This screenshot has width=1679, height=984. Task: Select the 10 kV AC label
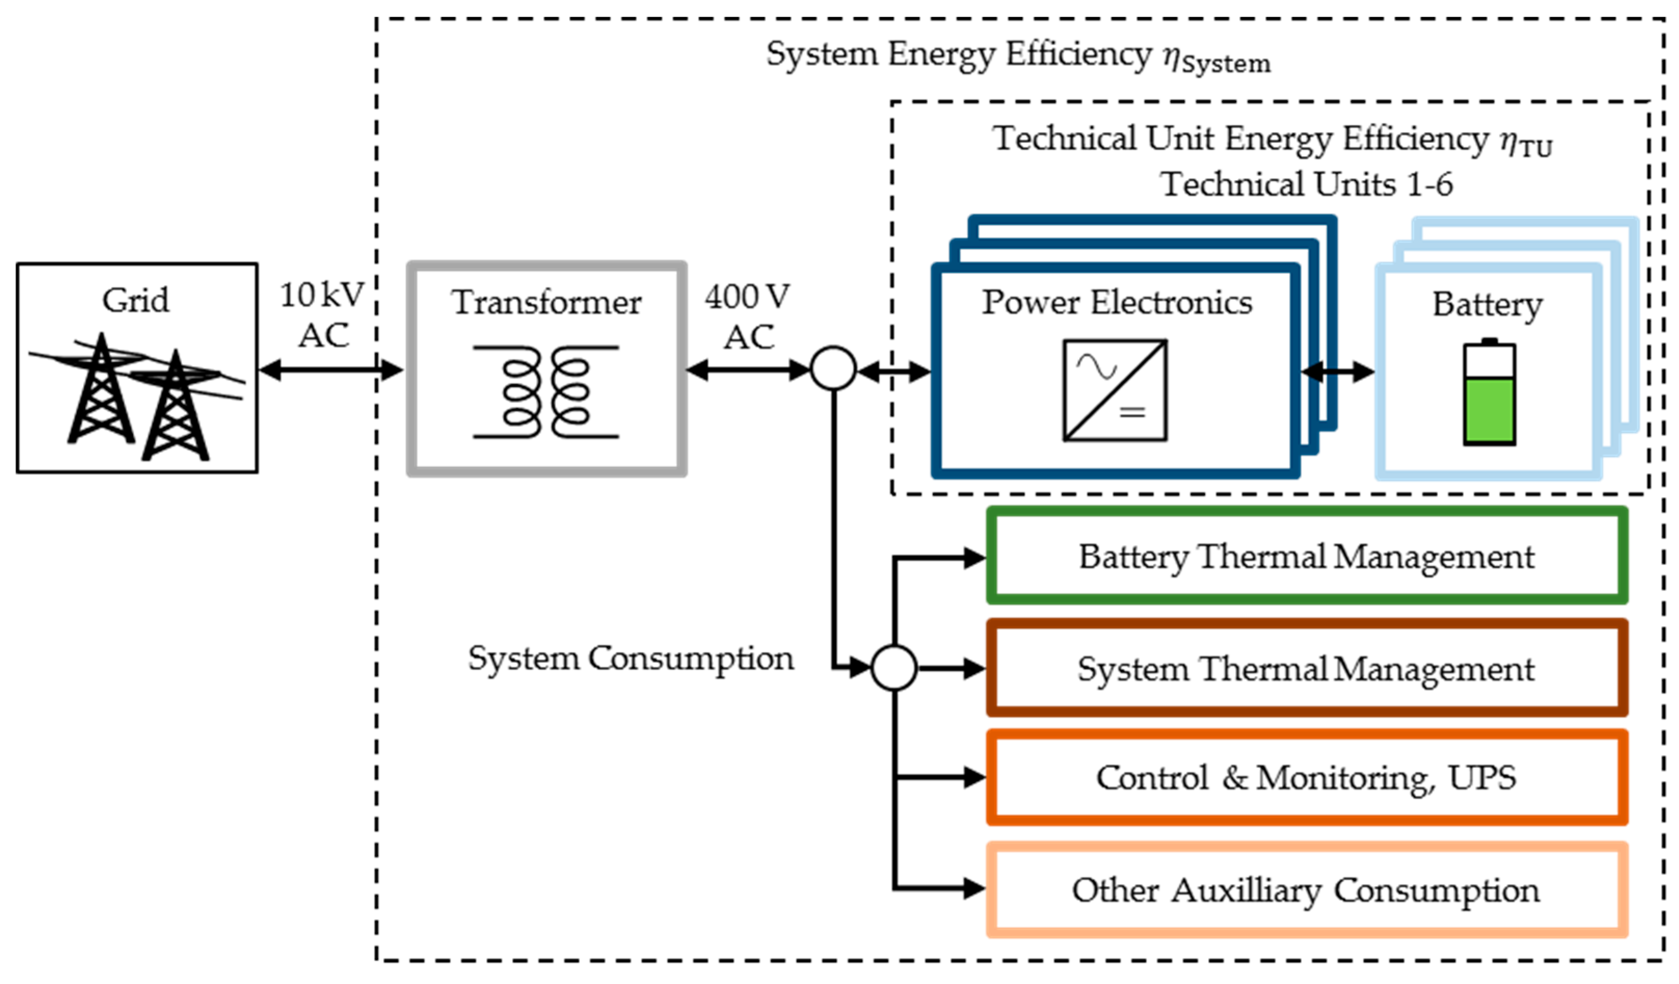point(323,315)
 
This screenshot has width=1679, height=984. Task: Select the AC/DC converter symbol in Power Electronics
point(1114,391)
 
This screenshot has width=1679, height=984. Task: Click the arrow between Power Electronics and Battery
point(1337,372)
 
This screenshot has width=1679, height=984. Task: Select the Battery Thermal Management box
point(1307,556)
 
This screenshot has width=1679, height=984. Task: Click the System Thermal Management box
point(1307,669)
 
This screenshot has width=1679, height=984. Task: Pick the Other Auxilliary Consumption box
point(1307,890)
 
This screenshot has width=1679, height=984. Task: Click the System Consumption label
point(631,659)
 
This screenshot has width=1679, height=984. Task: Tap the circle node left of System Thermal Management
point(894,668)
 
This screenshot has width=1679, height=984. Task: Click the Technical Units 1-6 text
point(1307,184)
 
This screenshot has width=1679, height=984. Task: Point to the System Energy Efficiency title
point(1018,55)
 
